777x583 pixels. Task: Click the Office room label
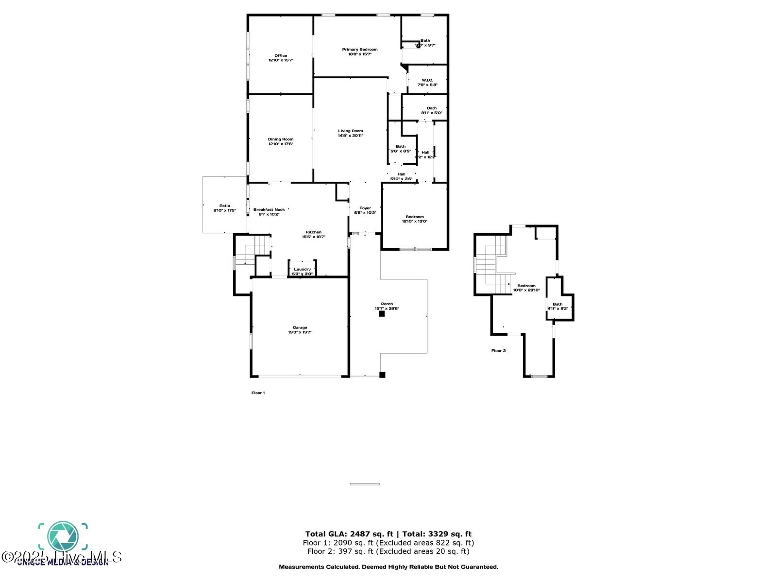(x=281, y=56)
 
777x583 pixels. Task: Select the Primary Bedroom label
(x=360, y=50)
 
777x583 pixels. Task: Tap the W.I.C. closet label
(x=427, y=80)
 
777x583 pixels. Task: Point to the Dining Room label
(x=281, y=139)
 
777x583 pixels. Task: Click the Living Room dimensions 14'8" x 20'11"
(x=351, y=136)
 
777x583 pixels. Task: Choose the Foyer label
(x=365, y=208)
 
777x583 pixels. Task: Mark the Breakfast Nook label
(x=269, y=209)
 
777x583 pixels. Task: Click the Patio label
(x=224, y=206)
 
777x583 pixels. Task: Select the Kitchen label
(x=314, y=232)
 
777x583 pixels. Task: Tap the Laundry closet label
(x=303, y=269)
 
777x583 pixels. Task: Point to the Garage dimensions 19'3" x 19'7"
(x=300, y=332)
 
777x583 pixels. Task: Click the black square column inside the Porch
(x=382, y=314)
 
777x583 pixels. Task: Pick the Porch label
(x=387, y=304)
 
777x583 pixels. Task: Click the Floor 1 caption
(x=258, y=393)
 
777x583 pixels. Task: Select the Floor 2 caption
(x=498, y=350)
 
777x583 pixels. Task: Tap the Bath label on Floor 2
(x=557, y=304)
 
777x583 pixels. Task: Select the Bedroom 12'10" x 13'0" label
(x=415, y=217)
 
